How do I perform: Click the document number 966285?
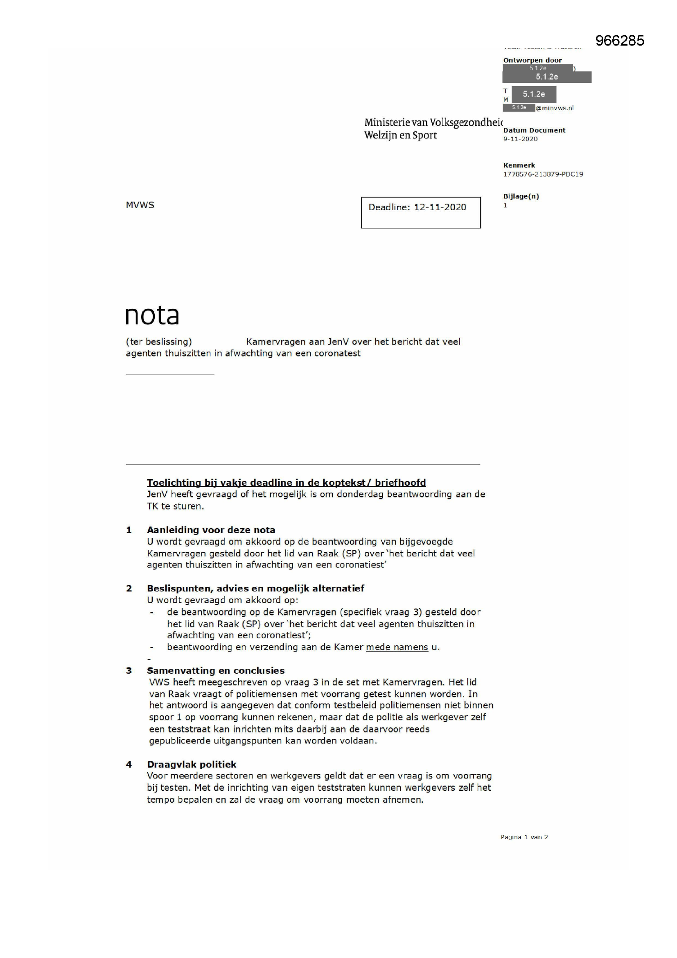[x=619, y=41]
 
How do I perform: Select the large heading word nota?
[x=152, y=316]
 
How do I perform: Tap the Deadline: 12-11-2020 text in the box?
[x=417, y=207]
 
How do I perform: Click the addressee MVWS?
[x=140, y=205]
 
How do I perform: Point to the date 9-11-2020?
[x=520, y=139]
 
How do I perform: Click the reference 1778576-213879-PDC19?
[x=543, y=174]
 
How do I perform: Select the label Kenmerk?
[x=519, y=165]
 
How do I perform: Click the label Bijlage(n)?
[x=521, y=196]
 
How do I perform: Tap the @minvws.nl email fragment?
[x=555, y=108]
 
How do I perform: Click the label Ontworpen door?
[x=533, y=60]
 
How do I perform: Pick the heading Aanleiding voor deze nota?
[x=211, y=530]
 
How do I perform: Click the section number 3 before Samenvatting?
[x=129, y=670]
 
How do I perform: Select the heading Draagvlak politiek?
[x=191, y=765]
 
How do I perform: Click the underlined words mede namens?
[x=397, y=647]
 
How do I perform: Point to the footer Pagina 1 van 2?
[x=524, y=837]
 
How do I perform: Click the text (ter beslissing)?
[x=159, y=342]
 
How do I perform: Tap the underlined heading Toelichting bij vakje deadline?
[x=286, y=483]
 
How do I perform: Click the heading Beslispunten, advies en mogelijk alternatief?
[x=255, y=588]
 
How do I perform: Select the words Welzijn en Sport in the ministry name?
[x=400, y=135]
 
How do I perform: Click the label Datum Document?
[x=534, y=130]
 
